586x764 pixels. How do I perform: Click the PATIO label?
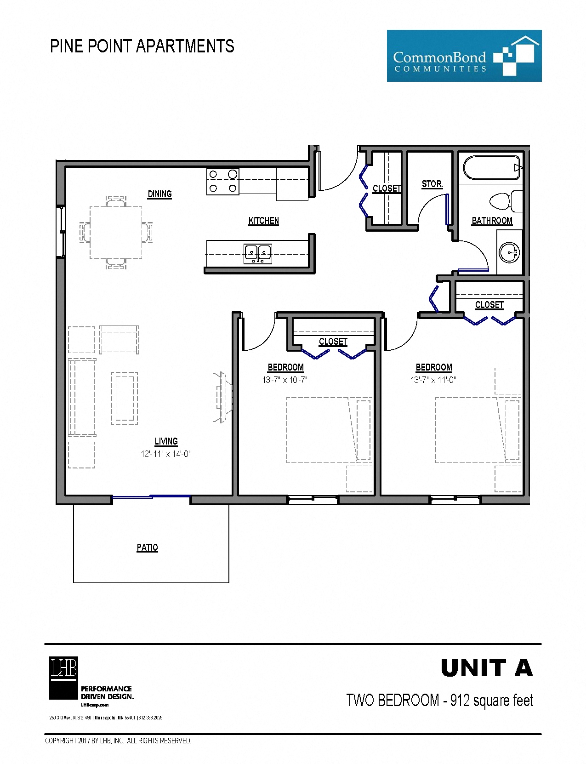click(x=147, y=547)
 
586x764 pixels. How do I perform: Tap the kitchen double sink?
click(x=257, y=254)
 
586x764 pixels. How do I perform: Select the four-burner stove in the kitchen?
click(x=222, y=181)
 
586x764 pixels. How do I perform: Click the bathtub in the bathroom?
click(x=491, y=168)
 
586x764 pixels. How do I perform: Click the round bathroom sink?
click(x=509, y=252)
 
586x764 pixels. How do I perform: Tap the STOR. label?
click(x=432, y=184)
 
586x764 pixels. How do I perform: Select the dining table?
click(x=115, y=233)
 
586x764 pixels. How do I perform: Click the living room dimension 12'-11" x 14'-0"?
click(x=165, y=454)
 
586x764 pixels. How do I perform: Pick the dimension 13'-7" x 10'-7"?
click(x=284, y=380)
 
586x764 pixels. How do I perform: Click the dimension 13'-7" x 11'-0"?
click(x=433, y=380)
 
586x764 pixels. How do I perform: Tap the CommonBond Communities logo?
click(x=464, y=56)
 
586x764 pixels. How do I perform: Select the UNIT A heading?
click(x=486, y=668)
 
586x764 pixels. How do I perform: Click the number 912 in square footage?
click(x=460, y=700)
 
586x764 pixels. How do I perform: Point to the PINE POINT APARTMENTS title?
click(x=142, y=46)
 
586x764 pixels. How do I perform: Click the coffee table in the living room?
click(x=125, y=398)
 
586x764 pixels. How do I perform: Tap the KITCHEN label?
click(x=263, y=221)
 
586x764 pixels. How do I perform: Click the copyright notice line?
click(x=118, y=741)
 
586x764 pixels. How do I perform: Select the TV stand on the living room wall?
click(x=222, y=398)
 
